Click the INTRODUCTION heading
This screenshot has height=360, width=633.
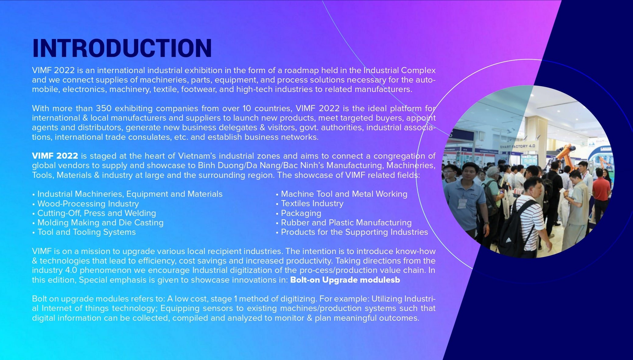(122, 48)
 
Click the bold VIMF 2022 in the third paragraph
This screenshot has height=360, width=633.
(55, 156)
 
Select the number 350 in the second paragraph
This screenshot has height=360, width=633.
(103, 108)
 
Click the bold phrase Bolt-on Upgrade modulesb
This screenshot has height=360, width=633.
(345, 280)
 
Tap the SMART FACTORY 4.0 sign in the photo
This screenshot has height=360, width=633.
(517, 146)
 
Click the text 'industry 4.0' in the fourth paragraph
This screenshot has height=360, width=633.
(55, 270)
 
